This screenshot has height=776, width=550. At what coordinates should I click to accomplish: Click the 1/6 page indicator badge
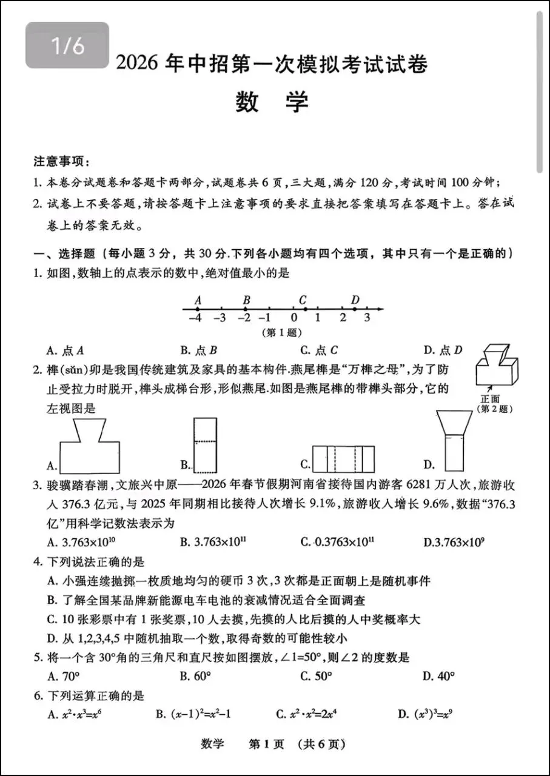click(67, 45)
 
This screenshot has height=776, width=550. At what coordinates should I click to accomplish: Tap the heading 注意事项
click(61, 163)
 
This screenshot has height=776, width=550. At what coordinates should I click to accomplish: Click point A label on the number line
click(197, 299)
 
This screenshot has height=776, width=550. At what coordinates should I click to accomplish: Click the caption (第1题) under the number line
click(281, 332)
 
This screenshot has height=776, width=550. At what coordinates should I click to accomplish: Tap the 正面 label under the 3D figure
click(490, 399)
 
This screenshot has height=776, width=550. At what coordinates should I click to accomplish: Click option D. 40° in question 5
click(439, 676)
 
